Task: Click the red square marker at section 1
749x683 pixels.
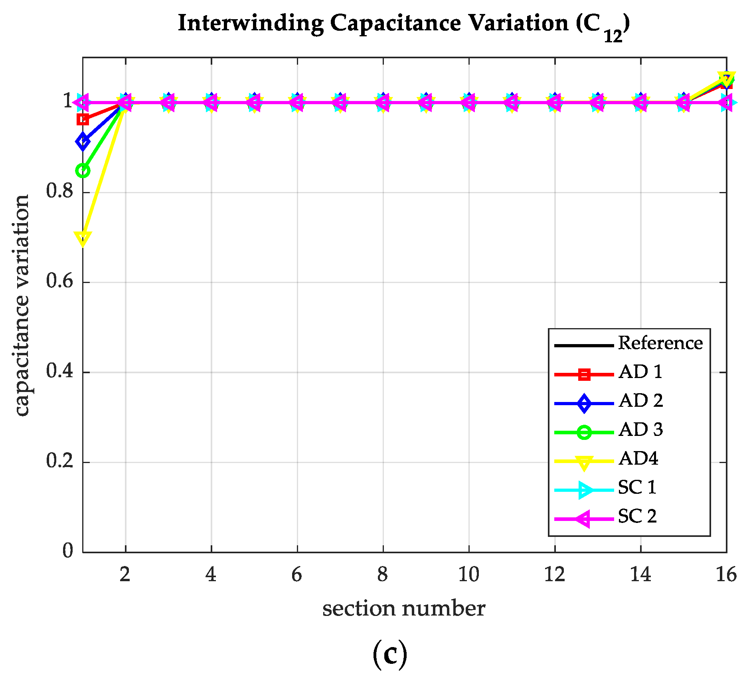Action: coord(83,119)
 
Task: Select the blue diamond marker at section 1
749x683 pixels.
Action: coord(83,141)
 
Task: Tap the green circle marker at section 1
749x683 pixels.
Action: coord(83,171)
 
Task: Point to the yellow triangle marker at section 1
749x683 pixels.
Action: coord(83,238)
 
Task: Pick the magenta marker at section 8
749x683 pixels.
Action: coord(383,103)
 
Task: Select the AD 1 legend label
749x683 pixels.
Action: coord(640,372)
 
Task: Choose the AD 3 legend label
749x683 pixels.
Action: coord(640,430)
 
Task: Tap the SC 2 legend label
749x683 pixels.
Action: coord(637,517)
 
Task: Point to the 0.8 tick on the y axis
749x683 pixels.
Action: coord(60,192)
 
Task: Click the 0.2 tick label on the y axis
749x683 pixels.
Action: coord(60,461)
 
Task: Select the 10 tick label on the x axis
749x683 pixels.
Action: coord(468,575)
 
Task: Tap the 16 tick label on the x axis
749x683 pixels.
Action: coord(726,575)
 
